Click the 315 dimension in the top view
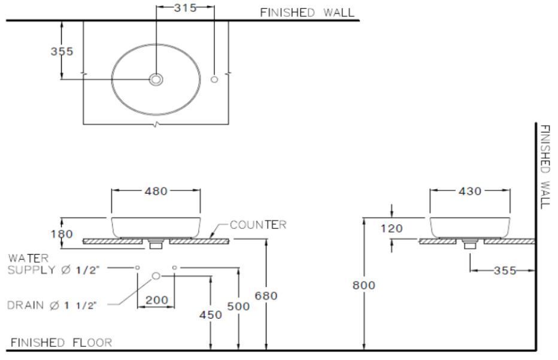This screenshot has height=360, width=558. point(184,8)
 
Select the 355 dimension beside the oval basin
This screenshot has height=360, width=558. point(62,52)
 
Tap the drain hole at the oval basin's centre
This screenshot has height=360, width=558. point(156,79)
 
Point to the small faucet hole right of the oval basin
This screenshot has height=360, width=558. point(214,79)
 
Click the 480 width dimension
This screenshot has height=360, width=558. point(156,191)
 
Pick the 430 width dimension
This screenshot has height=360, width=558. point(471,191)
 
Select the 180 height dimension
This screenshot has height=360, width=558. point(62,234)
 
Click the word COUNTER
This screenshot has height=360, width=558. point(258,225)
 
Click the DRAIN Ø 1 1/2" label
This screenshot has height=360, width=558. point(57,305)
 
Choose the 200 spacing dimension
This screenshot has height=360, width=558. point(156,300)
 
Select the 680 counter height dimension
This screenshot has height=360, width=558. point(266,295)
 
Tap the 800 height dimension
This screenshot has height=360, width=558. point(364,285)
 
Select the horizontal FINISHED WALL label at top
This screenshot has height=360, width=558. point(307,12)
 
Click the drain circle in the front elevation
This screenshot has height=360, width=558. point(156,275)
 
